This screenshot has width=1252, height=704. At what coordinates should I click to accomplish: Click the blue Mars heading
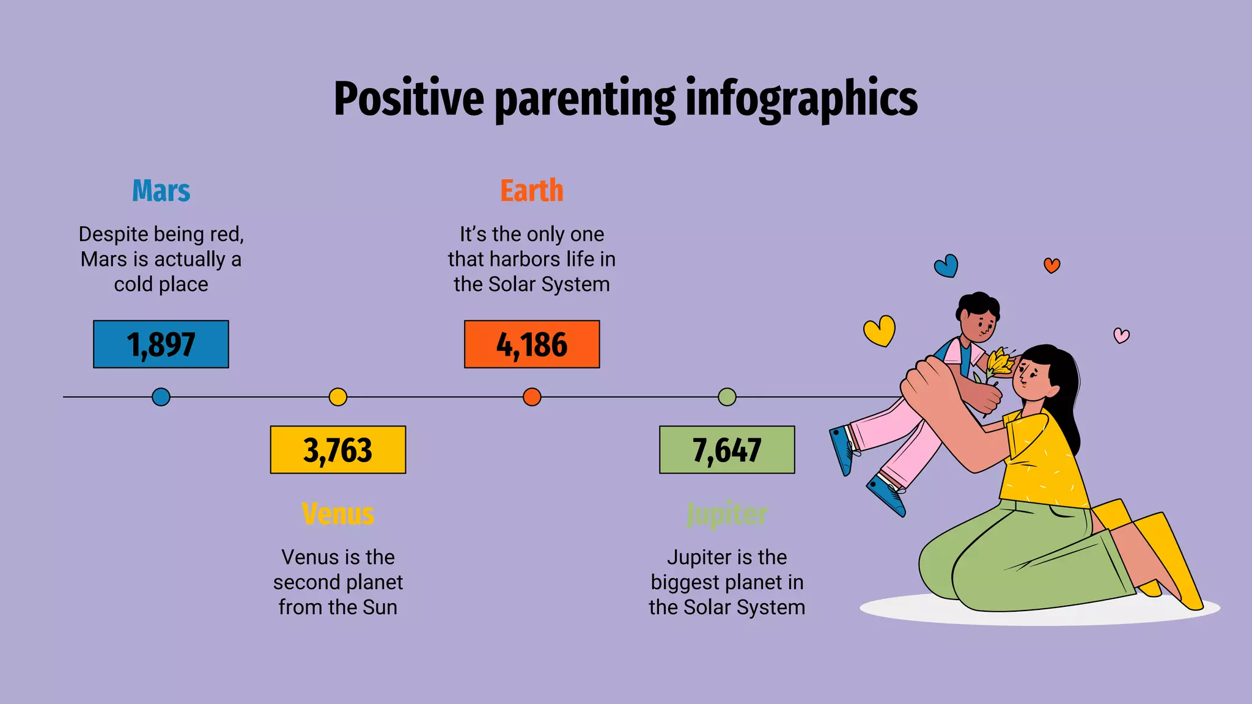point(161,191)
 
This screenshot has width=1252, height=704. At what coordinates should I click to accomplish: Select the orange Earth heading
point(531,191)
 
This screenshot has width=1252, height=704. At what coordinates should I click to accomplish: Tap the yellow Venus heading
point(338,514)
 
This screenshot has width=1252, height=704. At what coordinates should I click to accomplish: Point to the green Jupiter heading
point(727,514)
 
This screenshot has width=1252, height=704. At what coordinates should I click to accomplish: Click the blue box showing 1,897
point(161,344)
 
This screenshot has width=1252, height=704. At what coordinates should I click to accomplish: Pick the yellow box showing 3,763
point(338,450)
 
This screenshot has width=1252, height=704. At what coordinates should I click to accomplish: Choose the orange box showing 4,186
point(531,344)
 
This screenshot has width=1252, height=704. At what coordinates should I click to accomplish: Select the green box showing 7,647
point(727,450)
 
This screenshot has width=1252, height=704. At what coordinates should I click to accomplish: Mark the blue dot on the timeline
point(161,397)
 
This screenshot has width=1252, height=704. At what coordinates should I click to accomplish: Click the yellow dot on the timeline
point(338,397)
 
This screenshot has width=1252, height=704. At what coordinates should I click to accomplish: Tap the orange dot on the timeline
point(532,397)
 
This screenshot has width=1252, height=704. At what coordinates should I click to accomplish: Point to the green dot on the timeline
point(727,397)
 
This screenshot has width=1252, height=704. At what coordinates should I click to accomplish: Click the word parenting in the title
point(584,99)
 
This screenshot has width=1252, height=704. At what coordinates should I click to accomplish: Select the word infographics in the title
point(801,99)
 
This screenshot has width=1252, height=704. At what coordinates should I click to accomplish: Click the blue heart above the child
point(946,266)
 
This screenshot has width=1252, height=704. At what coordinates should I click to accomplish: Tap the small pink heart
point(1121,335)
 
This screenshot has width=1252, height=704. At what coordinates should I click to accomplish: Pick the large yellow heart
point(880,331)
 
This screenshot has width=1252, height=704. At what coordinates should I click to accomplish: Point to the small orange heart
point(1051,265)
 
